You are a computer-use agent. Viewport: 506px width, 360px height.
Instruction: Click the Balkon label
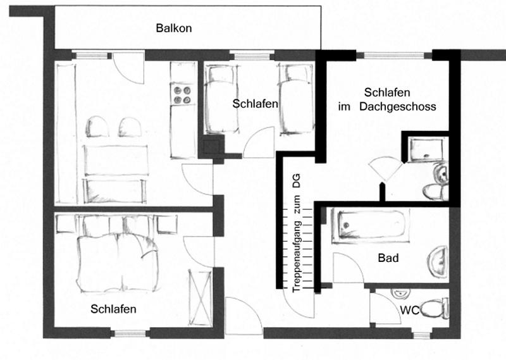(x=173, y=28)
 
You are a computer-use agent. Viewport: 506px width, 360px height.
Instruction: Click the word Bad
(x=388, y=258)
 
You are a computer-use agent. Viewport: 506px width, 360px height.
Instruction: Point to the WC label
(x=409, y=310)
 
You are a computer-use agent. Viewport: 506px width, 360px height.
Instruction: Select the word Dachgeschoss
(x=398, y=106)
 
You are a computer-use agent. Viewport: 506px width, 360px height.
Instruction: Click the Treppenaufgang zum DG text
(x=296, y=233)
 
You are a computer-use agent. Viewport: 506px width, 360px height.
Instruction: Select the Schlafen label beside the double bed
(x=113, y=309)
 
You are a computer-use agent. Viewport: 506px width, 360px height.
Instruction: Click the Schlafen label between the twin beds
(x=256, y=104)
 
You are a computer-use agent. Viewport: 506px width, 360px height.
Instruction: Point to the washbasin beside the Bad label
(x=438, y=261)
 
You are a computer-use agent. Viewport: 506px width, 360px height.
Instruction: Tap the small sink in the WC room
(x=400, y=293)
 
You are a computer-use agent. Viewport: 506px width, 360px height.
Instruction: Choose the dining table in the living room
(x=116, y=161)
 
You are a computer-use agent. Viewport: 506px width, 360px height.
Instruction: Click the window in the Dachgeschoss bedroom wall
(x=393, y=56)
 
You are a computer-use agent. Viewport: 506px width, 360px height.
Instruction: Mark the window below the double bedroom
(x=130, y=333)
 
